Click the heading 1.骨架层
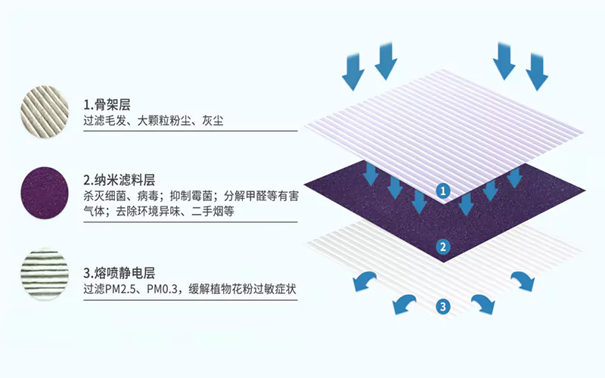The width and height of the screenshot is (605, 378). click(x=107, y=105)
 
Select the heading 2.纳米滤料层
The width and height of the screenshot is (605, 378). click(x=119, y=180)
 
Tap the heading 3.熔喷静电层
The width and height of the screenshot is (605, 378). click(x=119, y=274)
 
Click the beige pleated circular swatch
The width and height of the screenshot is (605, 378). click(x=45, y=111)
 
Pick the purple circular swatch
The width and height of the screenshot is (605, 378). click(x=45, y=193)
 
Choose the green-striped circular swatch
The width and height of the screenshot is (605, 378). click(x=45, y=274)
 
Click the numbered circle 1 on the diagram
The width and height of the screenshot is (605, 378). click(x=443, y=191)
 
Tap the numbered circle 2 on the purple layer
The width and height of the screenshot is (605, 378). click(x=443, y=247)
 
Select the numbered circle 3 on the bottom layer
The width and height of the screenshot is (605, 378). click(x=443, y=307)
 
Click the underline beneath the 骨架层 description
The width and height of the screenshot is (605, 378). click(x=191, y=131)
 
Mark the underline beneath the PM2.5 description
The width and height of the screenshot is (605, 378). click(x=191, y=299)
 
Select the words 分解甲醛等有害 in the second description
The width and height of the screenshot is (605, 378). click(x=261, y=196)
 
